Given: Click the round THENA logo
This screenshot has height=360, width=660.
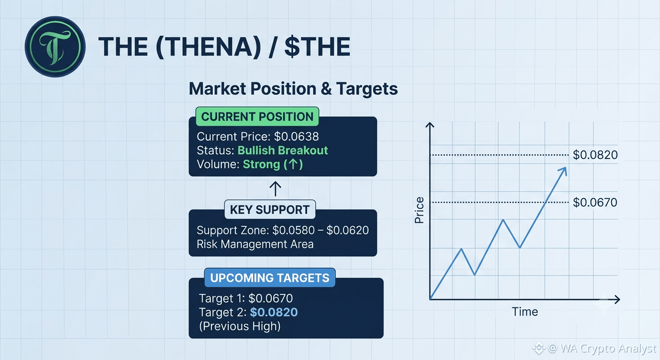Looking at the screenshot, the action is [x=55, y=46].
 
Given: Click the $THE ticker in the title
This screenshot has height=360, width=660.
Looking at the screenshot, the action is [x=317, y=46].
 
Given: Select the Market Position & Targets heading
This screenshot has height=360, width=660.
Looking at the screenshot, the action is [x=293, y=89].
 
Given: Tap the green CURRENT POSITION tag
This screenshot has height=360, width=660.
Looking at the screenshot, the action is [x=257, y=117].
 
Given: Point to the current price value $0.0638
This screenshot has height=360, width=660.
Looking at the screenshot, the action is [x=296, y=136].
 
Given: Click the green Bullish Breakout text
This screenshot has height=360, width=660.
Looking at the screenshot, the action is [x=283, y=150].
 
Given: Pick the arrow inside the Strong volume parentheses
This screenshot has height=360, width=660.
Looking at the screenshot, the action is [x=293, y=164].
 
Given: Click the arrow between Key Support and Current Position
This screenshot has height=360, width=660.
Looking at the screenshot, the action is [x=275, y=189].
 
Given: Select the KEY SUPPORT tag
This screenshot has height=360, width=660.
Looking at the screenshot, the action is [x=270, y=210].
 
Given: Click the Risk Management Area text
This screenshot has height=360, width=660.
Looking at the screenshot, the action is [x=255, y=244].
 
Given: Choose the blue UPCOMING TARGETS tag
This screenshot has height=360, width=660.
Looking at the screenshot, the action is [x=270, y=277].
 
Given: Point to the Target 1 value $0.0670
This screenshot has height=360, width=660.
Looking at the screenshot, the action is [x=271, y=298].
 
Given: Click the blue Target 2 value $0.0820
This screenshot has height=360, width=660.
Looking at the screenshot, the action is [x=274, y=312].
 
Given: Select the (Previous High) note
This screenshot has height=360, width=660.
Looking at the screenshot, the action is [x=240, y=326].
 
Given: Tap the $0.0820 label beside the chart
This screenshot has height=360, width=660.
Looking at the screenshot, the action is [x=595, y=155].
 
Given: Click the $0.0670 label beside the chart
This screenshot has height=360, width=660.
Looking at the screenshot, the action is [x=595, y=202].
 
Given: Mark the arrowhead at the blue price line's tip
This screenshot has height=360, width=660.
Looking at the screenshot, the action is [x=563, y=171].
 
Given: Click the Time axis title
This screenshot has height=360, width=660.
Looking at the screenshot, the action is [x=525, y=312].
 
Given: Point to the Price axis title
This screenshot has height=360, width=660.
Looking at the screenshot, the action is [x=419, y=210].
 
